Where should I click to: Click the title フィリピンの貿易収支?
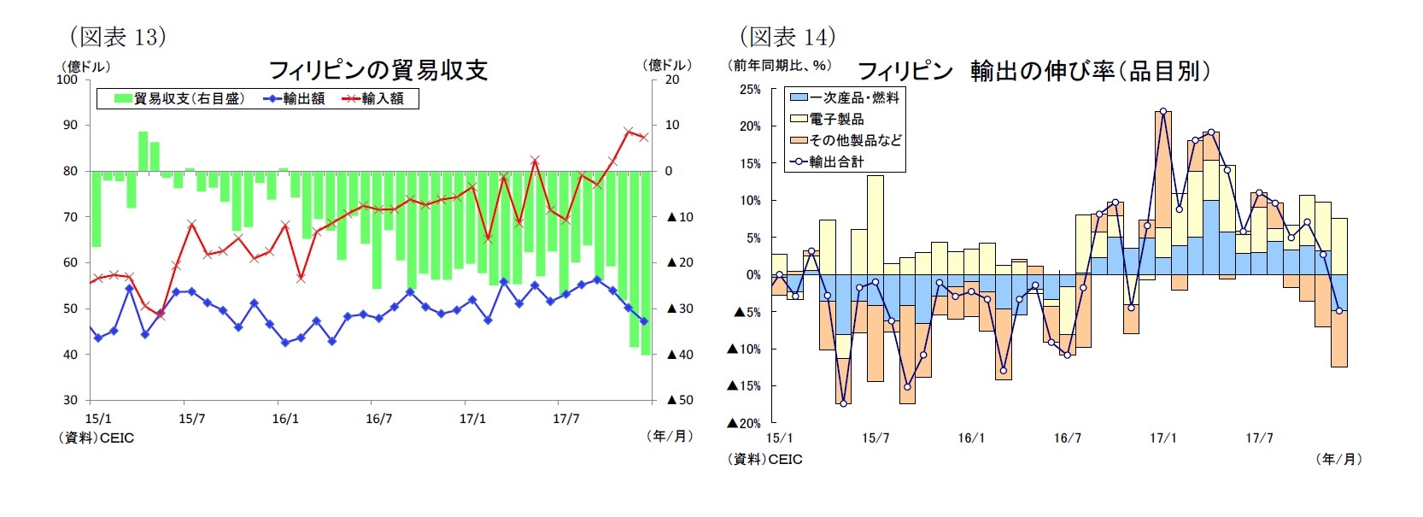tap(378, 70)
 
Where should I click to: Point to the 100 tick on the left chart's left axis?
tap(67, 79)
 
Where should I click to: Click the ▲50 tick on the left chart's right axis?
tap(679, 400)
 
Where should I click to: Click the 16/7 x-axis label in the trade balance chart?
tap(378, 419)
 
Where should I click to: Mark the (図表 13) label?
tap(117, 37)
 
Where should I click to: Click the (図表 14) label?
tap(787, 37)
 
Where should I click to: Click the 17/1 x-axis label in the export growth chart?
tap(1162, 438)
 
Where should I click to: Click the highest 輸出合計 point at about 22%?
tap(1163, 111)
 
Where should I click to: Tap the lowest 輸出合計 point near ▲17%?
tap(843, 403)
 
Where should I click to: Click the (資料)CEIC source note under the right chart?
tap(765, 459)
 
